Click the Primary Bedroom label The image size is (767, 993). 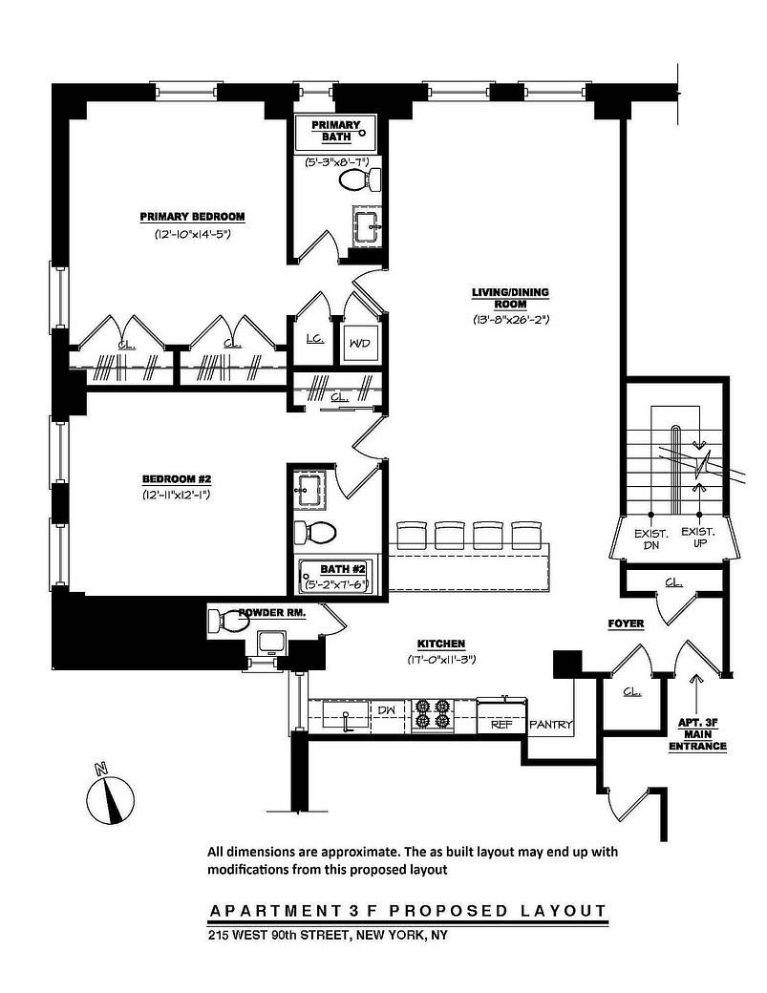tap(192, 216)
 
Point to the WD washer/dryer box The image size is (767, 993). tap(361, 343)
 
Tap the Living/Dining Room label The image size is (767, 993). tap(510, 298)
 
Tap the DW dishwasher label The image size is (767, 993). tap(386, 710)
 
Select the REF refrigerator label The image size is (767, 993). tap(501, 725)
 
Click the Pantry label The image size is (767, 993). tap(550, 725)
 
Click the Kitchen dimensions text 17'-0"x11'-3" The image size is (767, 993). tap(440, 660)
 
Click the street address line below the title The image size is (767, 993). tap(328, 935)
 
